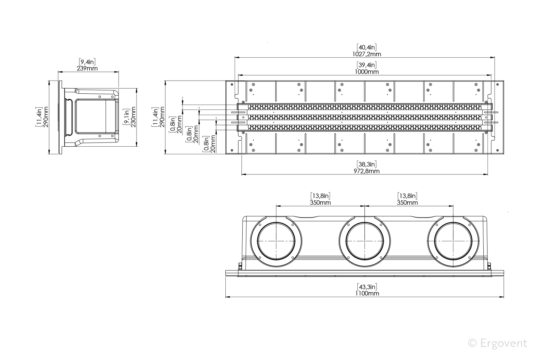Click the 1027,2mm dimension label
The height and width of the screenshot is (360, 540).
point(366,54)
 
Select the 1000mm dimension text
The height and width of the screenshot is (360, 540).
point(366,72)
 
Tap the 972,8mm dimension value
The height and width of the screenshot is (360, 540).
point(366,171)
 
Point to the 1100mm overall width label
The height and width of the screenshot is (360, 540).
point(366,293)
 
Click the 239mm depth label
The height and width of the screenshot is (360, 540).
point(87,69)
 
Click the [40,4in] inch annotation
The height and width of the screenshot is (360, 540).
point(366,47)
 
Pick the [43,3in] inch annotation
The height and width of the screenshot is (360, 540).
point(366,286)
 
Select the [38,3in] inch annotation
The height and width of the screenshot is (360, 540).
point(366,164)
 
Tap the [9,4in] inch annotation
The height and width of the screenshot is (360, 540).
point(87,62)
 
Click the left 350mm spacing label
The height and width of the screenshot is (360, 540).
point(320,202)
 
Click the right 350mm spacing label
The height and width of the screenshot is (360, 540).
point(407,202)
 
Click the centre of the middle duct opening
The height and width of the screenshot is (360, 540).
point(365,240)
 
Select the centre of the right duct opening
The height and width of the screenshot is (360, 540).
point(454,240)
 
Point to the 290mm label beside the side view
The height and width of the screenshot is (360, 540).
point(46,117)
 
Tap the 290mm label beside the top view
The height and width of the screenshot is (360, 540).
point(162,117)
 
